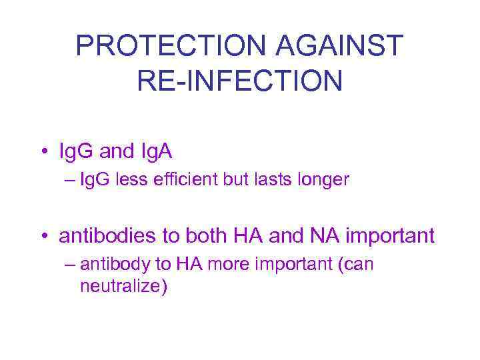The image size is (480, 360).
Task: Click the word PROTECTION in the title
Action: pos(170,45)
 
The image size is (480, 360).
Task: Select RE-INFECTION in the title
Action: pos(239,80)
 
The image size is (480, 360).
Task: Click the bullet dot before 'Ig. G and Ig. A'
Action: pos(44,153)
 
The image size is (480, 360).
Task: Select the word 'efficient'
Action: pos(190,180)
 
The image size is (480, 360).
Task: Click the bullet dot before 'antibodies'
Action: pos(44,236)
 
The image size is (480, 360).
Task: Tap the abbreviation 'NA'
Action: pos(323,235)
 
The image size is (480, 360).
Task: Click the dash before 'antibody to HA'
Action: pos(71,264)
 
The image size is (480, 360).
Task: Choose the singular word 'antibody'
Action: pos(114,265)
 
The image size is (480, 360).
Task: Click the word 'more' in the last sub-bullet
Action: pos(220,264)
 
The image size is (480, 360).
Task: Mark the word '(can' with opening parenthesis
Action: pos(357,265)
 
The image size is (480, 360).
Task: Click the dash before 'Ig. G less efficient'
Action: pos(71,180)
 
